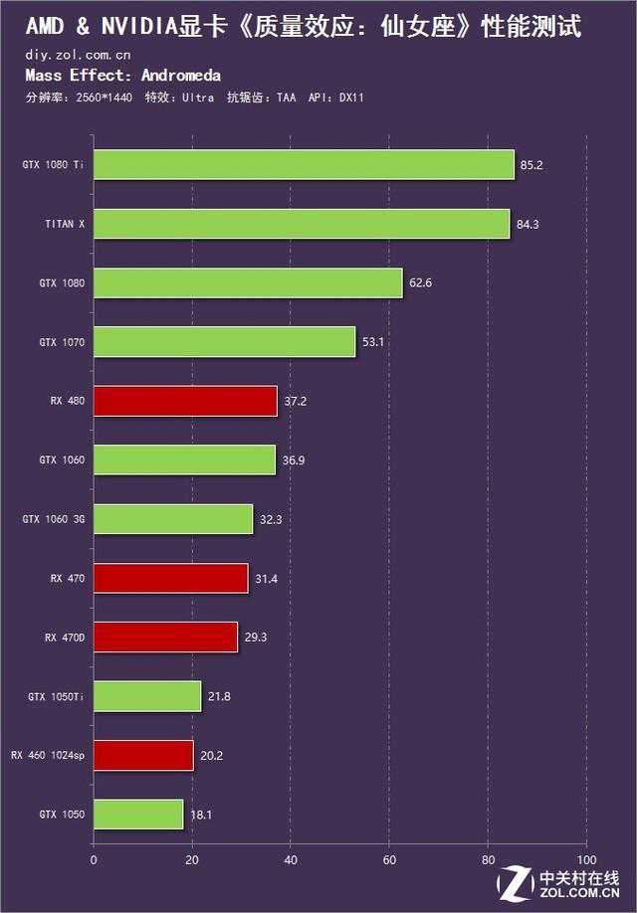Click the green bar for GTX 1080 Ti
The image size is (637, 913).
pyautogui.click(x=304, y=164)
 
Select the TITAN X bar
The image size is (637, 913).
pyautogui.click(x=302, y=224)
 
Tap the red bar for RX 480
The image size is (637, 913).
pyautogui.click(x=185, y=401)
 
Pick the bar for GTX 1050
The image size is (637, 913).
pyautogui.click(x=138, y=815)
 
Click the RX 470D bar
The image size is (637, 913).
pyautogui.click(x=165, y=638)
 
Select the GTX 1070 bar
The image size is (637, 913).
pyautogui.click(x=224, y=342)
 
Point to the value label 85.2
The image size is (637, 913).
pyautogui.click(x=531, y=165)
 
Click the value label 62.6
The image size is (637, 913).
pyautogui.click(x=419, y=283)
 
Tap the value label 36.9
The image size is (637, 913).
pyautogui.click(x=294, y=460)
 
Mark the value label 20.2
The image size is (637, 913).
pyautogui.click(x=211, y=756)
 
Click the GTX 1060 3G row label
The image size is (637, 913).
pyautogui.click(x=54, y=519)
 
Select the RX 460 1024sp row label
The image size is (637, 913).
pyautogui.click(x=49, y=756)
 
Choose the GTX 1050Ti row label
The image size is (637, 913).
pyautogui.click(x=57, y=697)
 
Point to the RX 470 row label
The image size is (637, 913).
pyautogui.click(x=68, y=579)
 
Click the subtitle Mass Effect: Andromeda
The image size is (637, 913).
pyautogui.click(x=122, y=76)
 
